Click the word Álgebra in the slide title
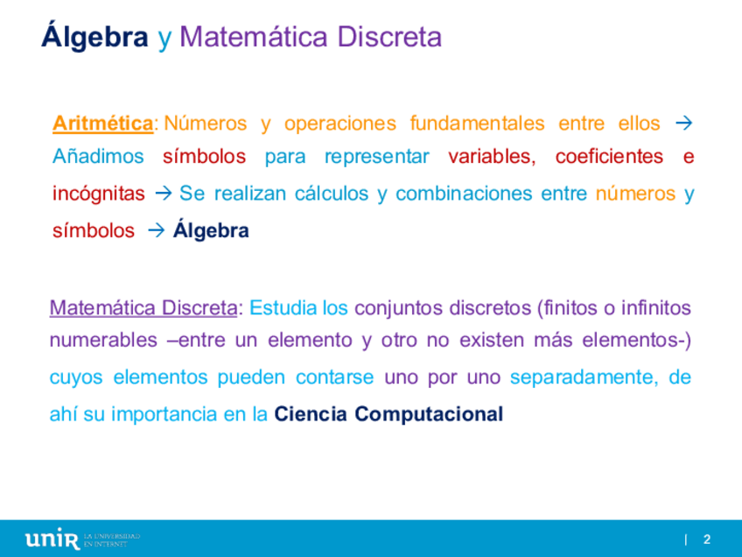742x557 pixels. point(94,36)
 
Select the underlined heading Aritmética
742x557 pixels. point(102,123)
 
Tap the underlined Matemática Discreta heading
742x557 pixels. point(143,308)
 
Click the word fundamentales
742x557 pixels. point(477,123)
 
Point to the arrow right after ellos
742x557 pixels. point(683,123)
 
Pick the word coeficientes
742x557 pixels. point(609,156)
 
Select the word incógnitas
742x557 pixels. point(98,194)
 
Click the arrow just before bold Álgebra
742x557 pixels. point(156,230)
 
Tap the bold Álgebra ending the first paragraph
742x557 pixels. point(211,230)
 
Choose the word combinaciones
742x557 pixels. point(463,194)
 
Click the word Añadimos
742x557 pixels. point(98,156)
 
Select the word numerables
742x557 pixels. point(103,340)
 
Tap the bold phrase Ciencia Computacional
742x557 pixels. point(388,414)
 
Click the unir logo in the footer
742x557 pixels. point(52,539)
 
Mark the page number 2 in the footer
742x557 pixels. point(707,539)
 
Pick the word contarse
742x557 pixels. point(334,377)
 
